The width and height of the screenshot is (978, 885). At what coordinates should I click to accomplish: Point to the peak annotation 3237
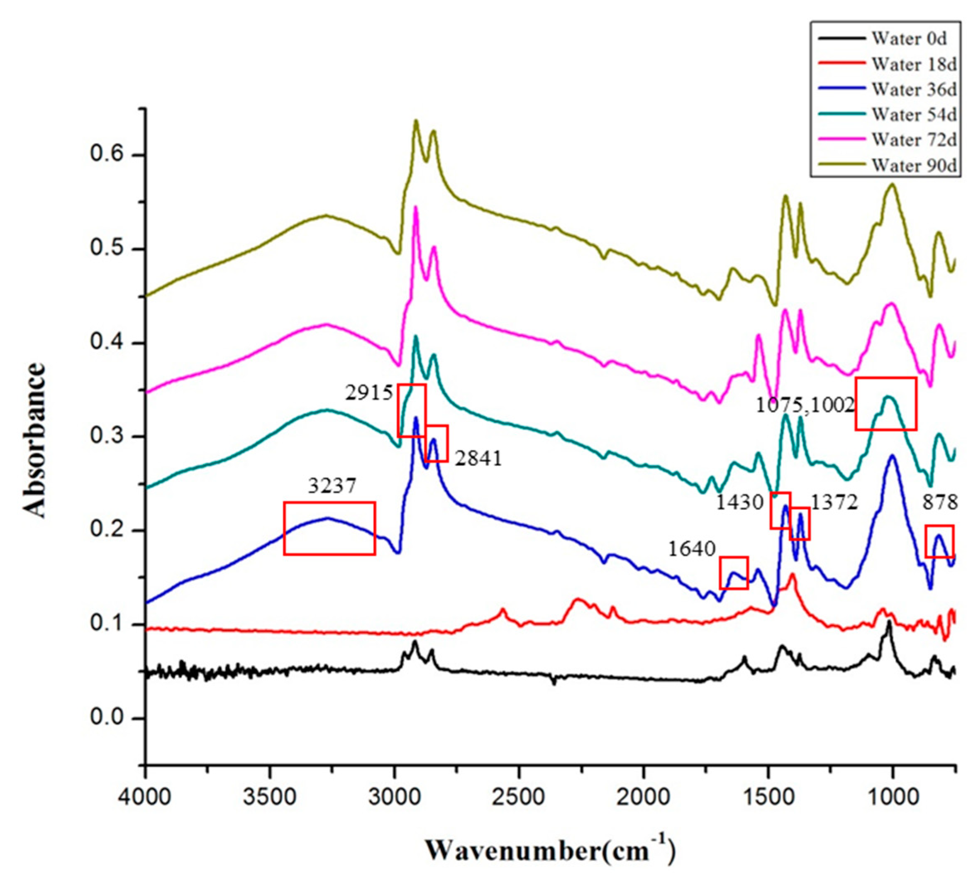tap(332, 485)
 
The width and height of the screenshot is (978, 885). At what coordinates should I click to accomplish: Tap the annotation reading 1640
tap(692, 549)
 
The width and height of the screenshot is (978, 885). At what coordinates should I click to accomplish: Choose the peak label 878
tap(940, 503)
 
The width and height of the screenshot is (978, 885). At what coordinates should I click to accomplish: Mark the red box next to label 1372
tap(800, 524)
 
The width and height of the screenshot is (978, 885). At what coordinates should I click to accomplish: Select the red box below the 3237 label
tap(329, 528)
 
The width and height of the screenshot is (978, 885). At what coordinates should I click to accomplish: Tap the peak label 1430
tap(740, 503)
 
